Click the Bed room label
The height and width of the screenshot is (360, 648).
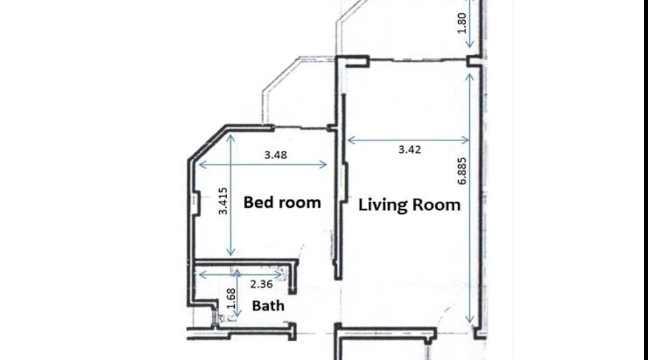click(x=282, y=202)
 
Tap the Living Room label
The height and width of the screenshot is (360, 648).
click(x=409, y=205)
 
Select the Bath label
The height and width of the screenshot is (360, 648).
click(x=268, y=306)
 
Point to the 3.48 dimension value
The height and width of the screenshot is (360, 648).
click(x=276, y=155)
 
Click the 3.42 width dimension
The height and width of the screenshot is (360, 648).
click(x=410, y=149)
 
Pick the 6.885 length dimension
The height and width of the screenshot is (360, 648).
click(x=462, y=171)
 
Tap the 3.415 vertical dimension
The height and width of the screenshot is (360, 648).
click(x=223, y=201)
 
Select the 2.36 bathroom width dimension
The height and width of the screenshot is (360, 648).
click(x=261, y=284)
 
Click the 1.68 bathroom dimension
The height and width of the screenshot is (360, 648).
click(x=231, y=298)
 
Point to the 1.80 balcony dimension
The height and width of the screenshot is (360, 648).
click(x=462, y=23)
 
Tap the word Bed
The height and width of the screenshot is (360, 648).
click(x=258, y=202)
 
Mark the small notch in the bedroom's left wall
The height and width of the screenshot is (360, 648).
click(x=196, y=205)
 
